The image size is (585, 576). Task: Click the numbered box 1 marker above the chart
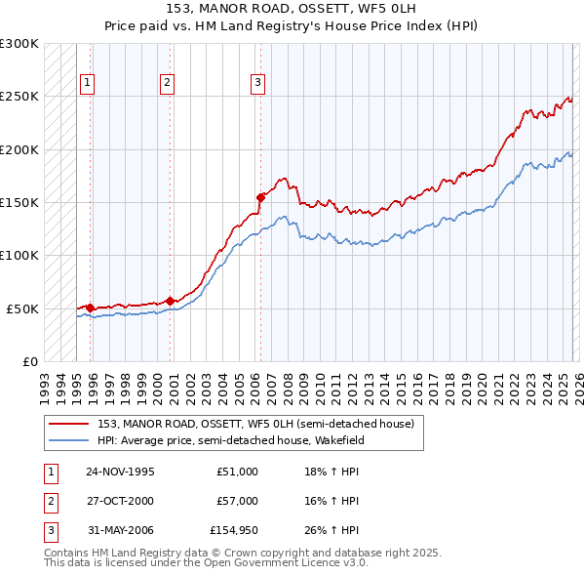88,83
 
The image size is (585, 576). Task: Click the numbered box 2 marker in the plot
168,83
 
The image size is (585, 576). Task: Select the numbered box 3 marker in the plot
258,83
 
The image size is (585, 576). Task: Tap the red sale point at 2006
260,197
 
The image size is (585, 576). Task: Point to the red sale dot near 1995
91,308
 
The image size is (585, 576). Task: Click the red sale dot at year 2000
171,301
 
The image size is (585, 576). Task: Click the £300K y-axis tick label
19,44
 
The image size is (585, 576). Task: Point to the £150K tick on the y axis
19,202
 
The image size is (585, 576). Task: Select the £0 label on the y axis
29,361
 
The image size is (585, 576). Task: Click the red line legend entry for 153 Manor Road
255,424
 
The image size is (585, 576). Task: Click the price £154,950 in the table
234,531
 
